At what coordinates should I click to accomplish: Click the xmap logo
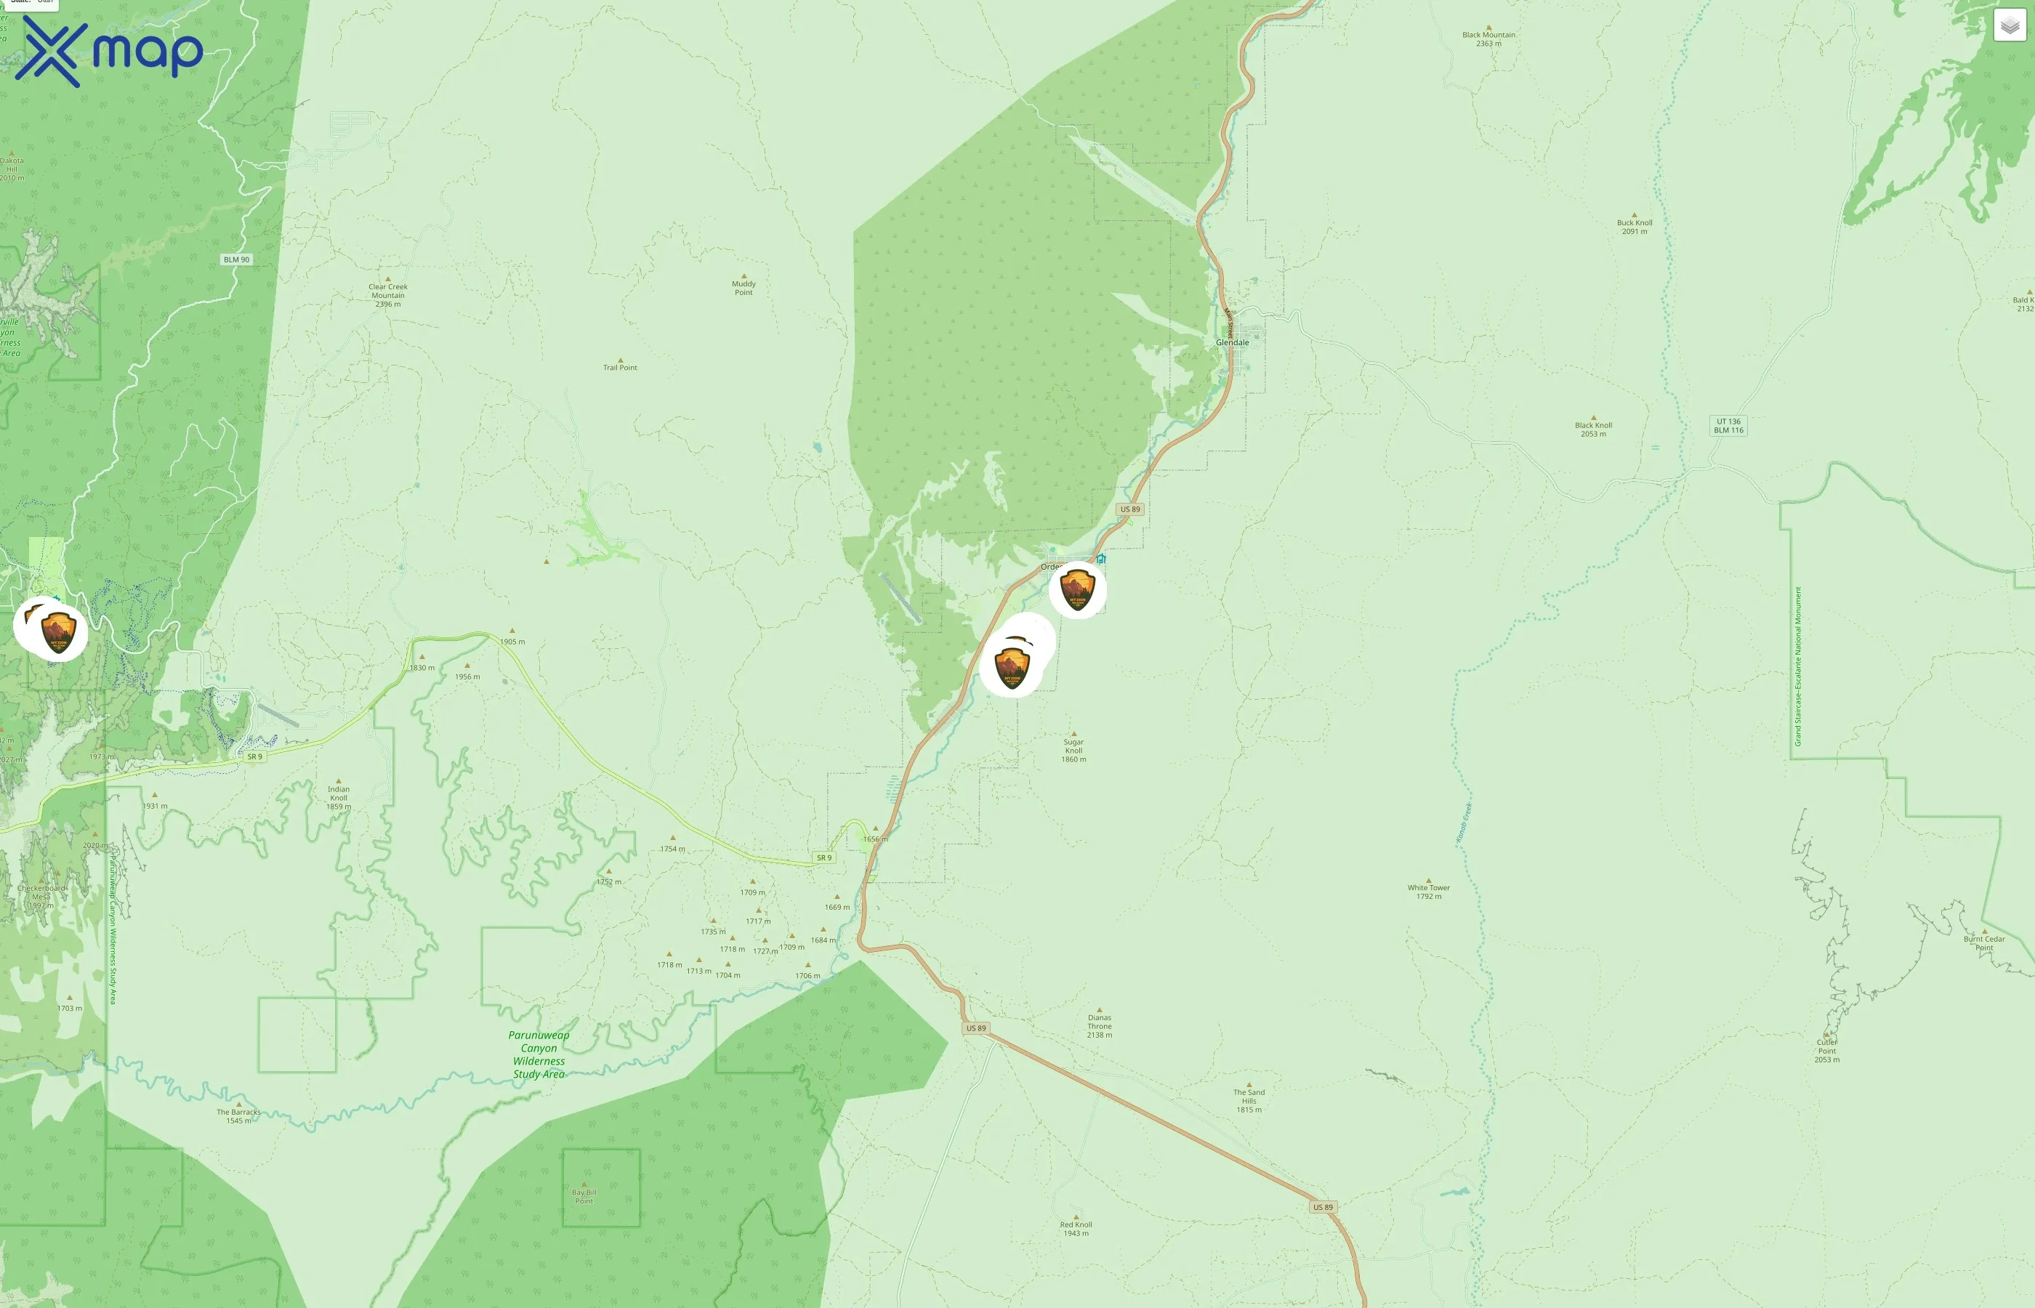[109, 51]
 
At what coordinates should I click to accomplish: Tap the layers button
[2010, 25]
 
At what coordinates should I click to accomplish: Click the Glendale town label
[1233, 342]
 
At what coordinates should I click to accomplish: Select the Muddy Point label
[744, 288]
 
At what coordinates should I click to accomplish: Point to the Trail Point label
[620, 367]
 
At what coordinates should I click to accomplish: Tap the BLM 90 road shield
[236, 259]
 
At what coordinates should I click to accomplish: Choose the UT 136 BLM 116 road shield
[1728, 426]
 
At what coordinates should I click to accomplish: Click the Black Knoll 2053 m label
[1593, 429]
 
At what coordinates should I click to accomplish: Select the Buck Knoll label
[1634, 227]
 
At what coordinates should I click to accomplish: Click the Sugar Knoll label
[1073, 750]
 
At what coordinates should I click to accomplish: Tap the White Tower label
[1429, 892]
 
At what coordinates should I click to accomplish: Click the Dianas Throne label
[1099, 1025]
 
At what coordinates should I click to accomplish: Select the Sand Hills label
[1249, 1100]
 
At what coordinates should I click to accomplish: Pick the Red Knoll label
[1076, 1228]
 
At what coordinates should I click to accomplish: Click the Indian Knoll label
[338, 796]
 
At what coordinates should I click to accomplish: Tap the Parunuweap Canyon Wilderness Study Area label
[539, 1054]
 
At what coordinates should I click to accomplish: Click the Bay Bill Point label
[584, 1196]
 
